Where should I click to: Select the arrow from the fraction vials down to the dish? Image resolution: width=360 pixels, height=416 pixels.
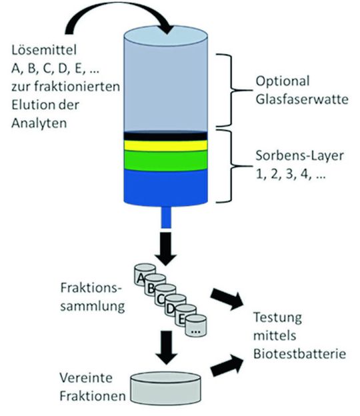coord(164,347)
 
